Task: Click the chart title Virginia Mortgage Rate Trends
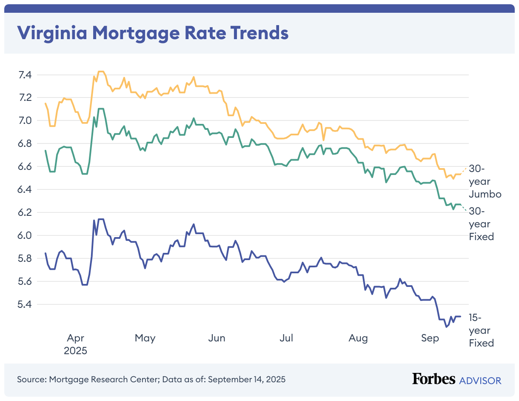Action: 152,32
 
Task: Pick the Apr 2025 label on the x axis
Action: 75,344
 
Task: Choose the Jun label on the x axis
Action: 217,338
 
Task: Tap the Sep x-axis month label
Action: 430,338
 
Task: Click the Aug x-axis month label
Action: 358,338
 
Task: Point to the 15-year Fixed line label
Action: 481,330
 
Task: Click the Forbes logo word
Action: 433,379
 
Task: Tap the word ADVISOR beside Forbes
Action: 480,380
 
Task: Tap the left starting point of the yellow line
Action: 46,103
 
